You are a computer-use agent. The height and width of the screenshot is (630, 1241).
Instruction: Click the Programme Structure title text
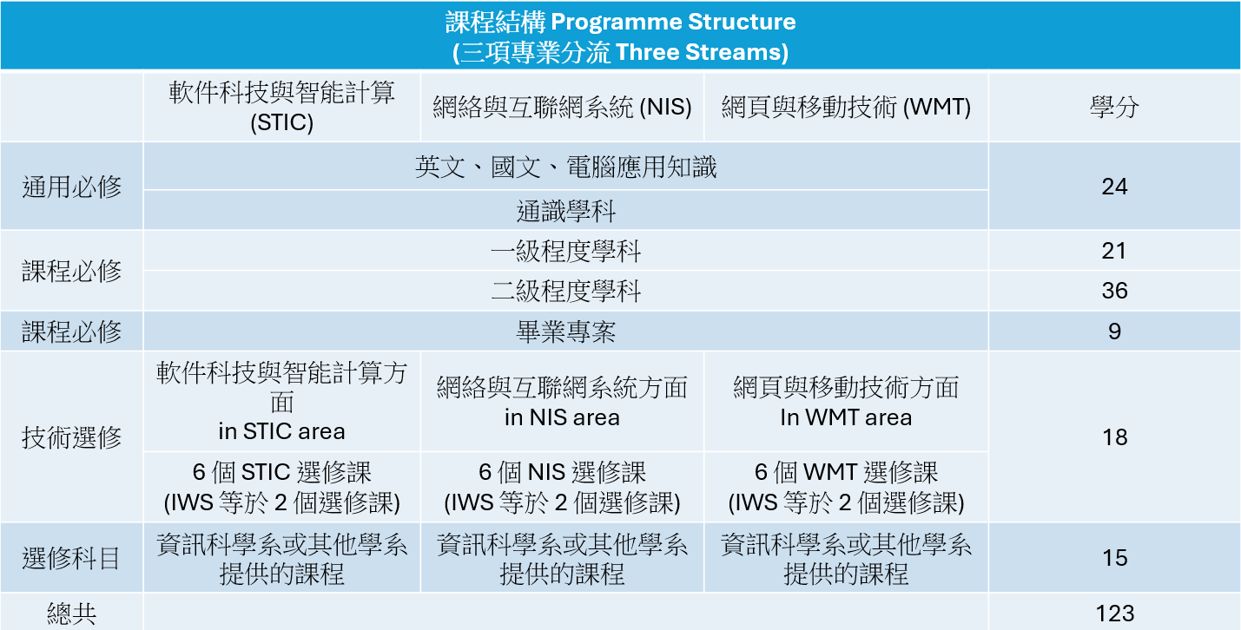620,23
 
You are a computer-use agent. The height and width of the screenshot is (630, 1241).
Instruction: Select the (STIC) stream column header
281,107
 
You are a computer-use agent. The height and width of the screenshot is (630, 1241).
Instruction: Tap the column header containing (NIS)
562,107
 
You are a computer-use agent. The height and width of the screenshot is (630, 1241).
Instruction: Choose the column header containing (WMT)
846,107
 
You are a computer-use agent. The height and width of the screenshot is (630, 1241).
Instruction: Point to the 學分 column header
1114,107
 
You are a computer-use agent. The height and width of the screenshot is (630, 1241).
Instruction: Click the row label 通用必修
71,187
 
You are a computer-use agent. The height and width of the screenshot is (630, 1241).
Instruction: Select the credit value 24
1114,187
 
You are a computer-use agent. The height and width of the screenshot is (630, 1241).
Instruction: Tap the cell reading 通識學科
565,211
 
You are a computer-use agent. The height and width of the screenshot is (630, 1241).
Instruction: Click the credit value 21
1114,251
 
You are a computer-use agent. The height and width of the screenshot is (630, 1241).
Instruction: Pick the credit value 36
1114,291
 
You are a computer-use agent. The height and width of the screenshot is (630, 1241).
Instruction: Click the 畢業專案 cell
565,331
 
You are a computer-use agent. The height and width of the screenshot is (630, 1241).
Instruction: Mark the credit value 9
1114,331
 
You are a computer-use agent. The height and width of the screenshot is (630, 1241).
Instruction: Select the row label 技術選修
71,437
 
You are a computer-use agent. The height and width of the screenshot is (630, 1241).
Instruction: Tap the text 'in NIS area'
562,417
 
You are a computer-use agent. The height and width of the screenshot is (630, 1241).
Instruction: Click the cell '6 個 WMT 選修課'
846,472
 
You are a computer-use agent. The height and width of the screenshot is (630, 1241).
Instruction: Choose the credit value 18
1114,437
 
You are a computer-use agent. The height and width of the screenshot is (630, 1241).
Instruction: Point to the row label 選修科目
71,558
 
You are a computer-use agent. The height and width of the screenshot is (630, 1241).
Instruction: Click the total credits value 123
1114,614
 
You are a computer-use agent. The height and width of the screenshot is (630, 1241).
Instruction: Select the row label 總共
71,614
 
